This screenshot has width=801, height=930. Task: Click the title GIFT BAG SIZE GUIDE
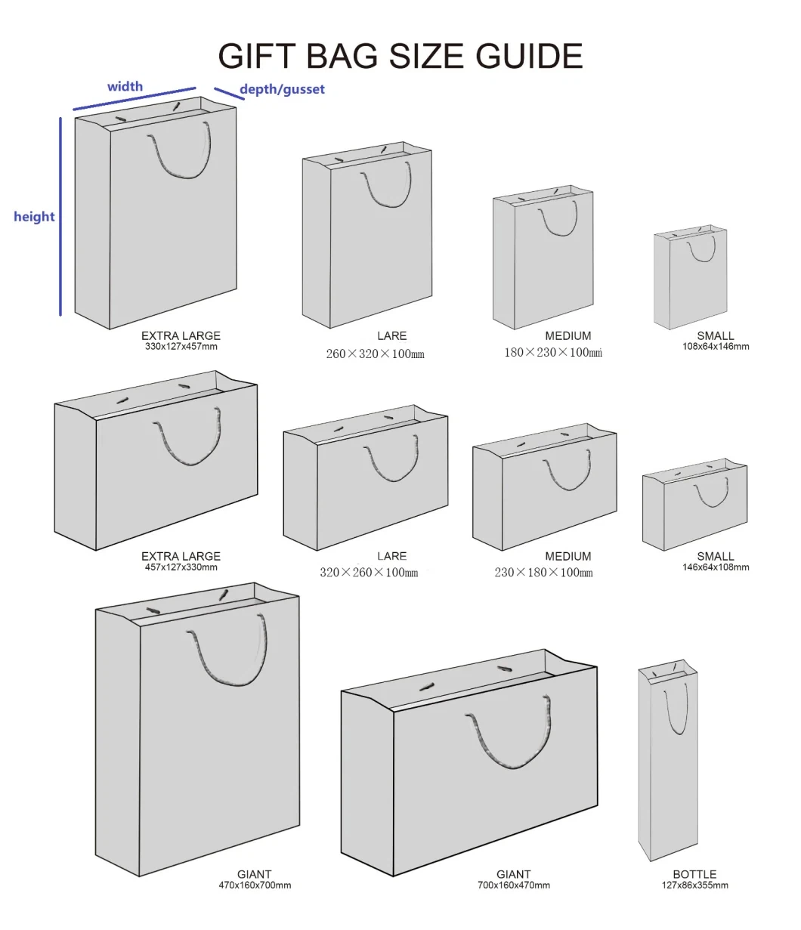[x=400, y=57]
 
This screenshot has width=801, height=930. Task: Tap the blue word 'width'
[x=125, y=86]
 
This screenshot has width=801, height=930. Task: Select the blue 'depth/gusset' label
[x=282, y=89]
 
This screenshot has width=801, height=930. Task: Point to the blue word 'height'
[x=34, y=217]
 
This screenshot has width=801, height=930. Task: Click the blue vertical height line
[x=60, y=216]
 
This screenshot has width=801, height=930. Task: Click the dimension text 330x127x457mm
[x=181, y=348]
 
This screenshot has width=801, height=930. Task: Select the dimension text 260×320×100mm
[x=375, y=354]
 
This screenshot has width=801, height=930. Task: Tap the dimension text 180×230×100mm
[x=553, y=353]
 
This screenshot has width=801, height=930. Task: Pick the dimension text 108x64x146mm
[x=716, y=348]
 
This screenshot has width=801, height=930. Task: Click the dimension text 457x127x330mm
[x=181, y=568]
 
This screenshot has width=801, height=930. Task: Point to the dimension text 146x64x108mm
[x=716, y=568]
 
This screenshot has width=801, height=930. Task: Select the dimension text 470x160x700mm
[x=255, y=885]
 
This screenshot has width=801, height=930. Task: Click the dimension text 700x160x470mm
[x=514, y=885]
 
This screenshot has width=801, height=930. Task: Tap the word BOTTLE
[x=694, y=874]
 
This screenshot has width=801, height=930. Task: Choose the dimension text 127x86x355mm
[x=694, y=885]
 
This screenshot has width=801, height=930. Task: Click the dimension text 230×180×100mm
[x=543, y=573]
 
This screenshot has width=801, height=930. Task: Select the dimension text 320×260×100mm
[x=369, y=573]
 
